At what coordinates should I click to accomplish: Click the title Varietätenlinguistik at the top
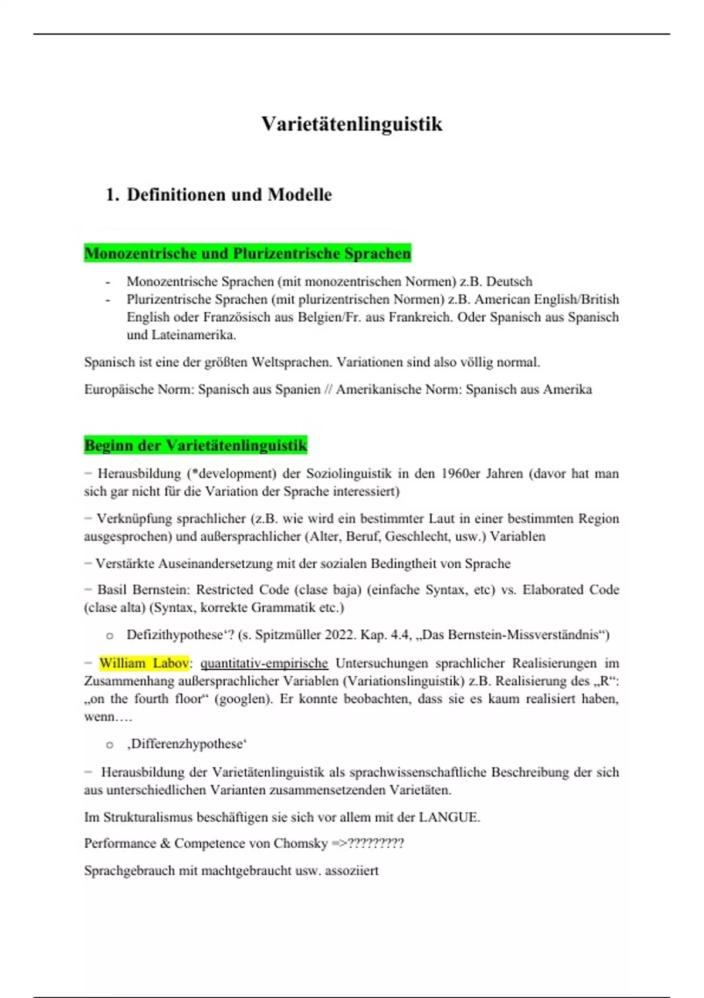[x=352, y=124]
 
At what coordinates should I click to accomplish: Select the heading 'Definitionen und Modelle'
[x=229, y=194]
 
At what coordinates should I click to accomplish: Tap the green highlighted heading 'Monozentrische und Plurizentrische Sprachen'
[x=247, y=254]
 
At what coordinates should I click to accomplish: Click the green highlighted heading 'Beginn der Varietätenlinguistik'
[x=195, y=445]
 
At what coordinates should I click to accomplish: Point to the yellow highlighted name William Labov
[x=144, y=663]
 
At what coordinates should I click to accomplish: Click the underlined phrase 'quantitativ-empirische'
[x=264, y=663]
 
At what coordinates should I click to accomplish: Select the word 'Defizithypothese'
[x=175, y=635]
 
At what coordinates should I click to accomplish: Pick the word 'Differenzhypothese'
[x=187, y=744]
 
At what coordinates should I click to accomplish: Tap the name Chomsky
[x=300, y=844]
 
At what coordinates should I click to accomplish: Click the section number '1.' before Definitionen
[x=112, y=194]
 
